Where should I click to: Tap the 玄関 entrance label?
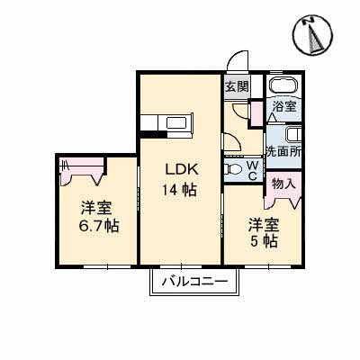pyautogui.click(x=236, y=87)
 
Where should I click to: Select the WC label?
pyautogui.click(x=254, y=170)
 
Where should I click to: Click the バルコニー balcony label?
pyautogui.click(x=194, y=283)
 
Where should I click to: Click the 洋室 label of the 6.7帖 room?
pyautogui.click(x=94, y=206)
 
